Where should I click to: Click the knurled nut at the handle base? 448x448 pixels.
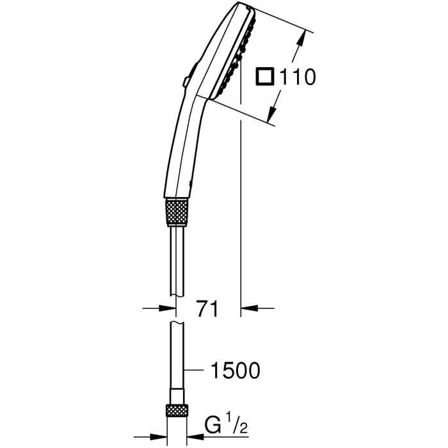click(x=177, y=211)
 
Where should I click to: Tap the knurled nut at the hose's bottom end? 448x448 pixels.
click(x=177, y=411)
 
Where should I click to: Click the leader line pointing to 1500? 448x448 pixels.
click(x=195, y=370)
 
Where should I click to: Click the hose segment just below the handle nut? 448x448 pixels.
click(x=177, y=256)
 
